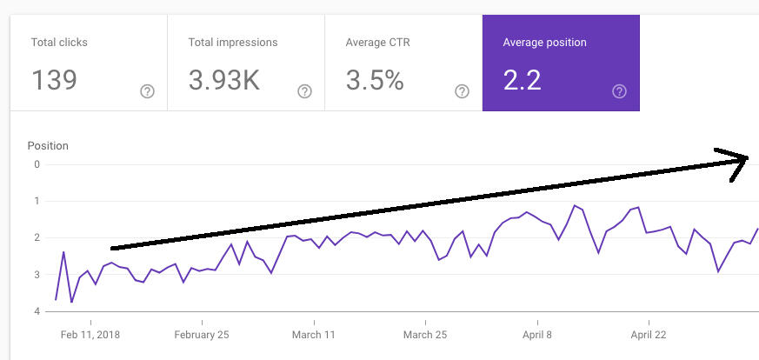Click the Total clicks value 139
click(54, 80)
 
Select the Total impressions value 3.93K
click(224, 80)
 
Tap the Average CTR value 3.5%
click(375, 80)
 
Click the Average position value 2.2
click(522, 80)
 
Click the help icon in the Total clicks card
click(148, 91)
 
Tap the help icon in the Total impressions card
click(305, 91)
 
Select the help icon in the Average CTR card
click(463, 91)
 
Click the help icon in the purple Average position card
click(620, 91)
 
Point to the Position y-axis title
click(48, 145)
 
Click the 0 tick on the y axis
click(37, 164)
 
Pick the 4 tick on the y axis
click(37, 311)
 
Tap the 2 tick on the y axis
click(37, 237)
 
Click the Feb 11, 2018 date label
click(90, 334)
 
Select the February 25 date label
click(202, 334)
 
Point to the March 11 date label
click(314, 334)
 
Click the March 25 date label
click(425, 334)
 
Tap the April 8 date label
click(537, 334)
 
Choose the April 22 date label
click(649, 334)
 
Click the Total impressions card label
click(233, 42)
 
